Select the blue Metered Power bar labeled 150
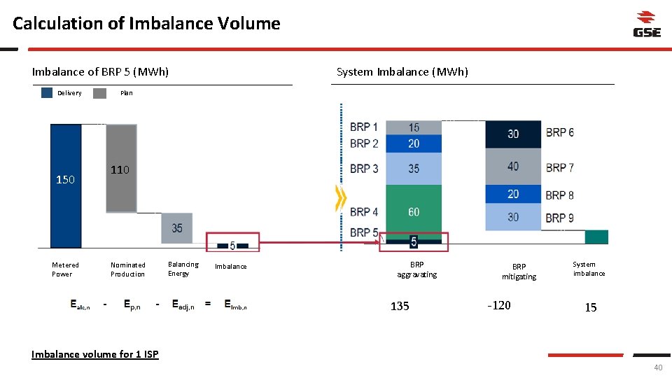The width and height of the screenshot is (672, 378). (66, 185)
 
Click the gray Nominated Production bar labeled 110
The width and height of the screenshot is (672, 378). (120, 168)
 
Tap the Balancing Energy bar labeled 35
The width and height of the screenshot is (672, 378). (177, 228)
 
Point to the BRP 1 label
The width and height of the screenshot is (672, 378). (364, 127)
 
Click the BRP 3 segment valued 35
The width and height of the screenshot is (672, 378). (414, 169)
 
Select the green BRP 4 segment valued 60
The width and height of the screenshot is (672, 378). (414, 211)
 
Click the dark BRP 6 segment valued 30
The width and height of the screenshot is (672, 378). (513, 134)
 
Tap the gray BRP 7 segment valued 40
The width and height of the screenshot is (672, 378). (513, 167)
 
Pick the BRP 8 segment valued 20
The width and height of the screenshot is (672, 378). (513, 194)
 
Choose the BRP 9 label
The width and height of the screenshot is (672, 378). (559, 218)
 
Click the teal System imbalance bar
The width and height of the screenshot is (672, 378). (596, 237)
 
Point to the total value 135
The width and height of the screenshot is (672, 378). (400, 306)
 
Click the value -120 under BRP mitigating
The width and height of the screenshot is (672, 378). (498, 305)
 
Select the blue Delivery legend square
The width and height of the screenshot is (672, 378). (47, 92)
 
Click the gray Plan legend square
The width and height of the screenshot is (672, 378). (99, 92)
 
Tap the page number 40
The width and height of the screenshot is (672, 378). (657, 369)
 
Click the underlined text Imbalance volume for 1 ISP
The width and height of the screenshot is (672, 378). (95, 354)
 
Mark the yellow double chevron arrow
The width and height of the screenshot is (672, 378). (341, 201)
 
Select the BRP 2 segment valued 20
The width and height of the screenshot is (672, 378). (414, 143)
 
